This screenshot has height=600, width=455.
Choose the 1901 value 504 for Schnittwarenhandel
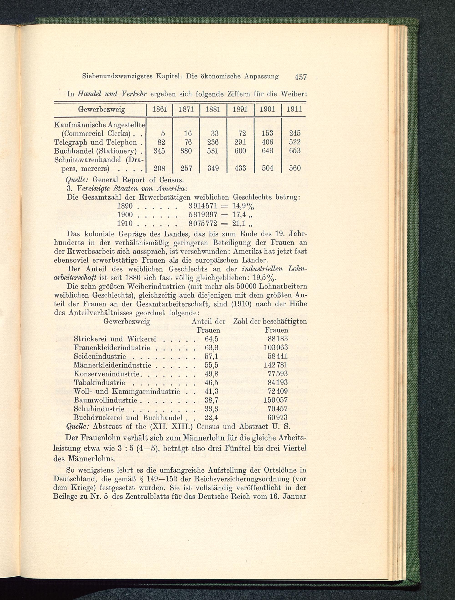[267, 168]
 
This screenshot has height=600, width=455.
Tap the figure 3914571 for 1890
[202, 207]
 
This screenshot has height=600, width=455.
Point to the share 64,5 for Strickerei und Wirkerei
[211, 339]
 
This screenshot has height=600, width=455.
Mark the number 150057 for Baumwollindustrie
[276, 400]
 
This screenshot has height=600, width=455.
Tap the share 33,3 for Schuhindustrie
[211, 408]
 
